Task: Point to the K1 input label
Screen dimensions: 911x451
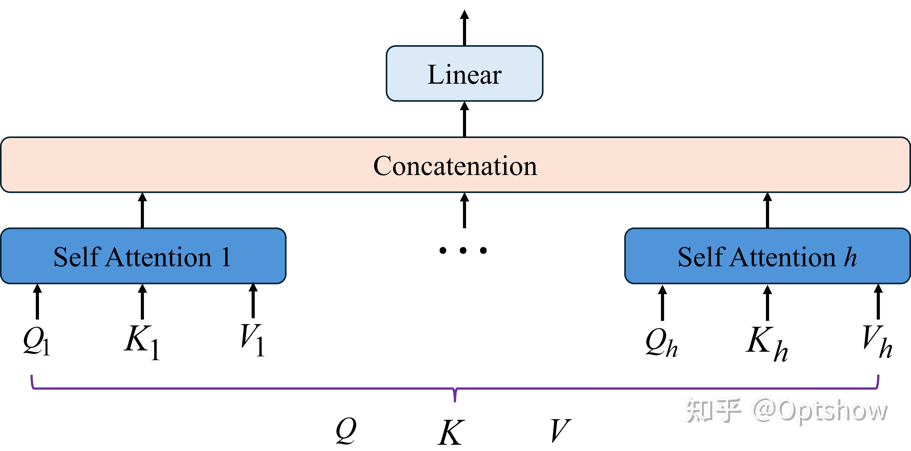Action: click(142, 342)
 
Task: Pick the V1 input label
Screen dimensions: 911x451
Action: click(252, 340)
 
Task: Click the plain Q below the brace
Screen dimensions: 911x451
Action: click(346, 431)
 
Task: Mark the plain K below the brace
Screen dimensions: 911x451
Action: click(451, 432)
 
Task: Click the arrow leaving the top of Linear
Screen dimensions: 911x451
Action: click(464, 28)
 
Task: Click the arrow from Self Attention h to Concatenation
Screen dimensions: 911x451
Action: click(768, 210)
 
